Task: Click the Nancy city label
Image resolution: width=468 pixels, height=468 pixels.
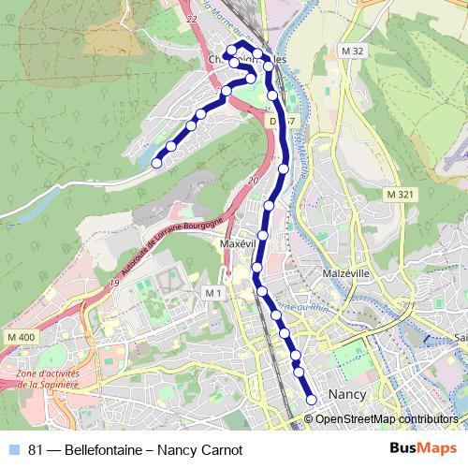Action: coord(347,394)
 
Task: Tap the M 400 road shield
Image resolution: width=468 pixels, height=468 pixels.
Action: coord(19,337)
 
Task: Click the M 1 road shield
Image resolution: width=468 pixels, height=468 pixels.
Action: coord(212,294)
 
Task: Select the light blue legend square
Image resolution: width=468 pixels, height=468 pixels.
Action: coord(14,449)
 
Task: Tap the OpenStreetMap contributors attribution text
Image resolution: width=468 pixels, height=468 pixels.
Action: coord(387,419)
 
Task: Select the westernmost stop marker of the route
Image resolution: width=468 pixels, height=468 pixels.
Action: coord(156,163)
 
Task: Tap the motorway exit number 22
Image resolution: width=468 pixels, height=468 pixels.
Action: coord(193,19)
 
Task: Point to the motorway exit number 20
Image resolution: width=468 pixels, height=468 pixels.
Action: coord(253,181)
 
